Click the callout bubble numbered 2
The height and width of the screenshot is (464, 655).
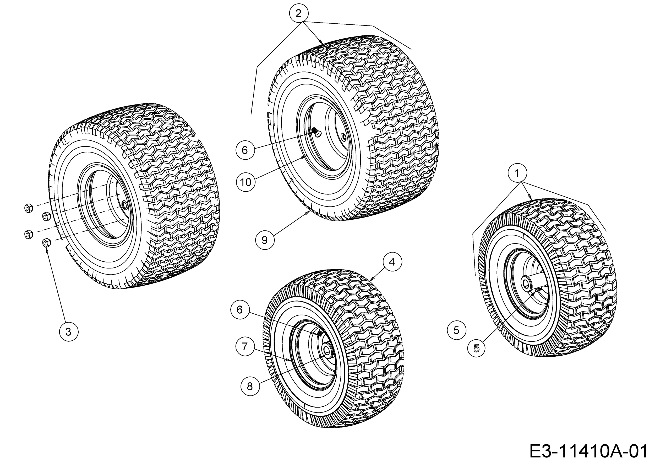[298, 13]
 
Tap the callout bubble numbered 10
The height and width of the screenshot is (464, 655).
[246, 182]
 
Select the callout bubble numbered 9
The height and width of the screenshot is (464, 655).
[265, 240]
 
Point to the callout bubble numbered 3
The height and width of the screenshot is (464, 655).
[68, 332]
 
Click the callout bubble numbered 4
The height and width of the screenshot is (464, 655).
[392, 262]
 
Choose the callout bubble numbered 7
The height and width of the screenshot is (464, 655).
[245, 347]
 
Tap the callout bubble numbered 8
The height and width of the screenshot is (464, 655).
[250, 386]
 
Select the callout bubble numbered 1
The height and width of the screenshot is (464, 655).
[517, 173]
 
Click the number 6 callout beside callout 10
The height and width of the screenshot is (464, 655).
[245, 150]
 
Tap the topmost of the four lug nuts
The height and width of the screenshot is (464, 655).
[28, 208]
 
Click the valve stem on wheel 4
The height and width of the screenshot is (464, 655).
[320, 333]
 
